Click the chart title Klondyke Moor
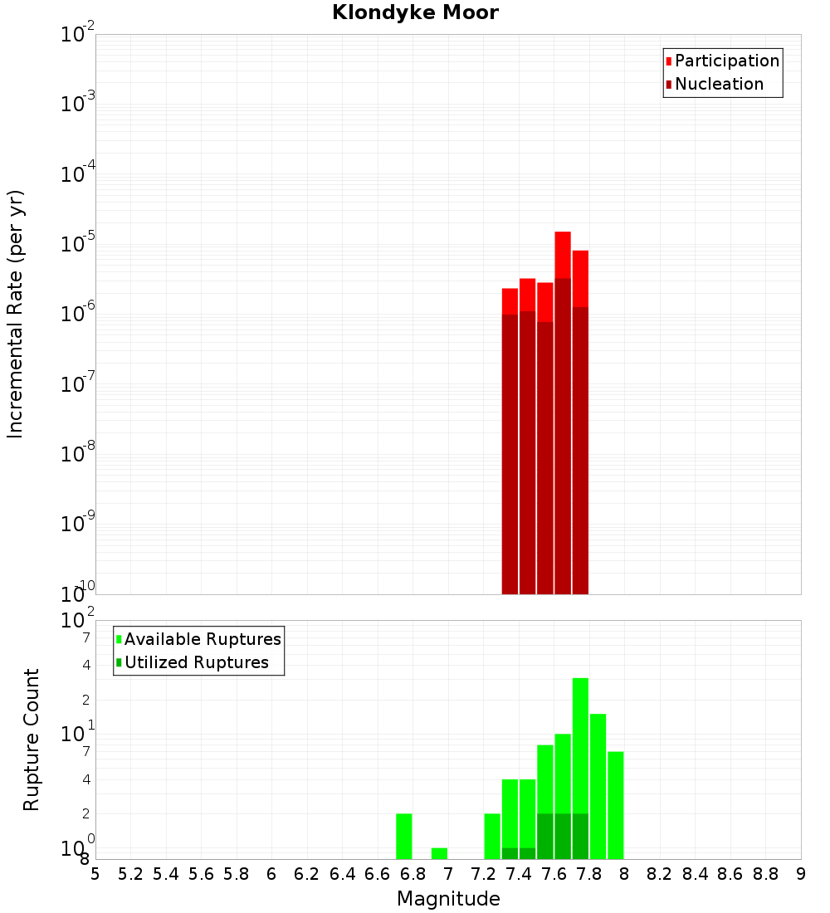(415, 12)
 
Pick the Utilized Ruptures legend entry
(196, 662)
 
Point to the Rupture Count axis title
(32, 739)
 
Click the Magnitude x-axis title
(448, 899)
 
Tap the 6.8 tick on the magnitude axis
(413, 874)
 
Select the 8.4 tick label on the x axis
(695, 874)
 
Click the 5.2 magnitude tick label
(130, 874)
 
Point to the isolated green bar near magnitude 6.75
(404, 836)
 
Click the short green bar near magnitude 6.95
(439, 853)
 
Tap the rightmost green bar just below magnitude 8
(615, 805)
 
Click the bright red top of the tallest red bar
(563, 254)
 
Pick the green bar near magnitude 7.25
(492, 836)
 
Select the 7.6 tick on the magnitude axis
(554, 874)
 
